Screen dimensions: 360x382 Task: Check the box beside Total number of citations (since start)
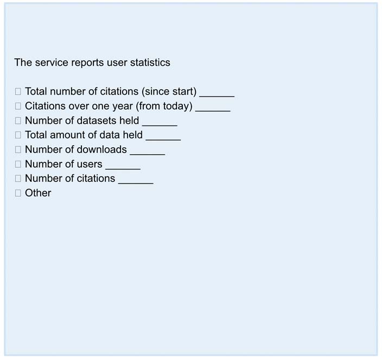tap(18, 92)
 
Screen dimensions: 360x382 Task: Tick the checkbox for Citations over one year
tap(18, 106)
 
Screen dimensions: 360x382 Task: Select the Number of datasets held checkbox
tap(18, 121)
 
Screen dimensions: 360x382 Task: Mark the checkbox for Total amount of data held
tap(18, 135)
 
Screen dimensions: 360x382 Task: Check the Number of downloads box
tap(18, 149)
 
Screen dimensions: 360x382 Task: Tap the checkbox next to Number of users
tap(18, 164)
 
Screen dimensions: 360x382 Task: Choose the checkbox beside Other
tap(18, 193)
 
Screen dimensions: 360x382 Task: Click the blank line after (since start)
tap(217, 95)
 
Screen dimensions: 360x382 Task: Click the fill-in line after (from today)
tap(213, 110)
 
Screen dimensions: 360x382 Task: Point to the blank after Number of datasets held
tap(160, 124)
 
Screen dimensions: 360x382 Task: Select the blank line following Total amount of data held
tap(163, 138)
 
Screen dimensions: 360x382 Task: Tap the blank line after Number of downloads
tap(147, 153)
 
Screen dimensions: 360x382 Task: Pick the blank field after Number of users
tap(123, 167)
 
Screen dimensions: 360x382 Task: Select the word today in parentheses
tap(176, 106)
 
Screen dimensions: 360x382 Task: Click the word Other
tap(38, 193)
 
